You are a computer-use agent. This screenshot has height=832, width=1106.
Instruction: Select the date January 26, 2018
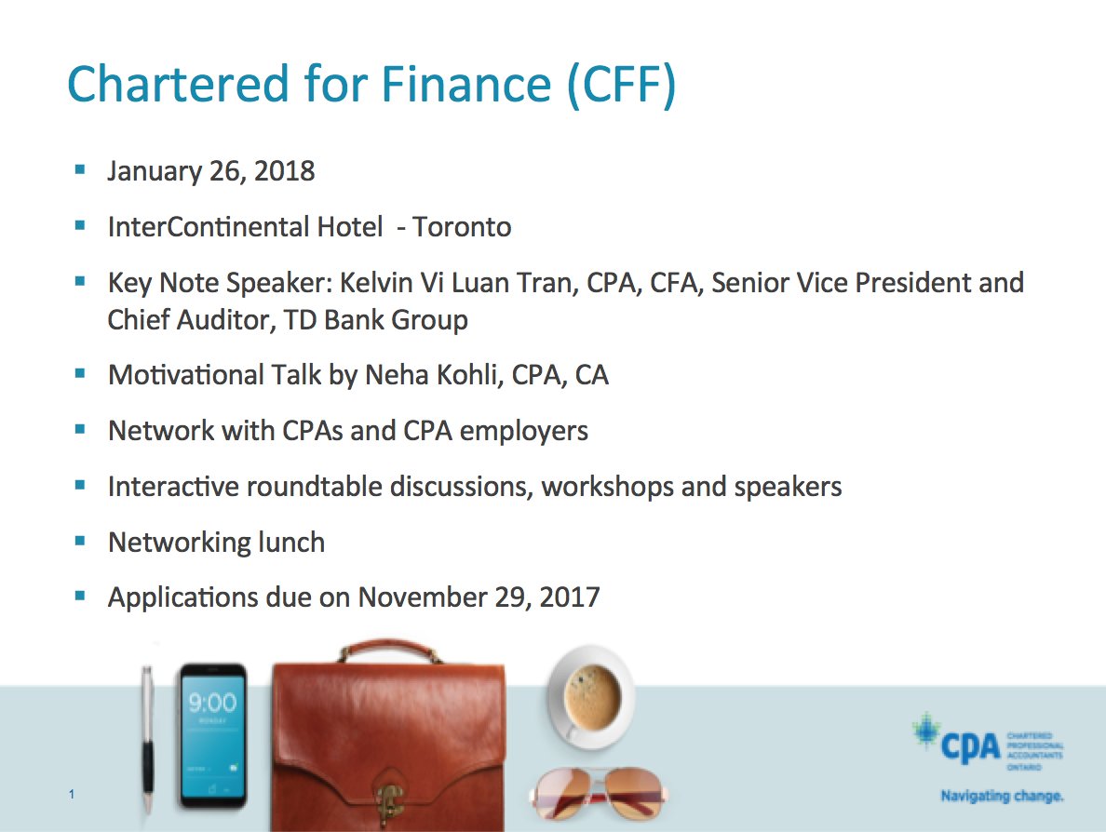click(x=211, y=171)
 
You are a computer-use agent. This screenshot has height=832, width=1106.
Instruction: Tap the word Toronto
click(x=462, y=227)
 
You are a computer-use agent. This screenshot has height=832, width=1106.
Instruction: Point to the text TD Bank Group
click(x=374, y=320)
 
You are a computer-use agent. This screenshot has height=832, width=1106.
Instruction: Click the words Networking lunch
click(x=216, y=543)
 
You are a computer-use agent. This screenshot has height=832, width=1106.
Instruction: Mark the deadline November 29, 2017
click(x=479, y=597)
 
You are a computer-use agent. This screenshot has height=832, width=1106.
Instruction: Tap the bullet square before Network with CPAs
click(x=80, y=430)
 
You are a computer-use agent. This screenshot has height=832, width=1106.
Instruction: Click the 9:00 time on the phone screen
click(x=212, y=703)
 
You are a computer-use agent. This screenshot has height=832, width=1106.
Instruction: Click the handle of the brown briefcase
click(x=389, y=649)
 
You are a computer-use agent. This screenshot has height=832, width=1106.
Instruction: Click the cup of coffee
click(x=590, y=695)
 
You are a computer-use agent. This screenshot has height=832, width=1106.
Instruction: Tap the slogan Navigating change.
click(x=1002, y=797)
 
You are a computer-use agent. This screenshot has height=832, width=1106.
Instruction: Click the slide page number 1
click(x=72, y=794)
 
